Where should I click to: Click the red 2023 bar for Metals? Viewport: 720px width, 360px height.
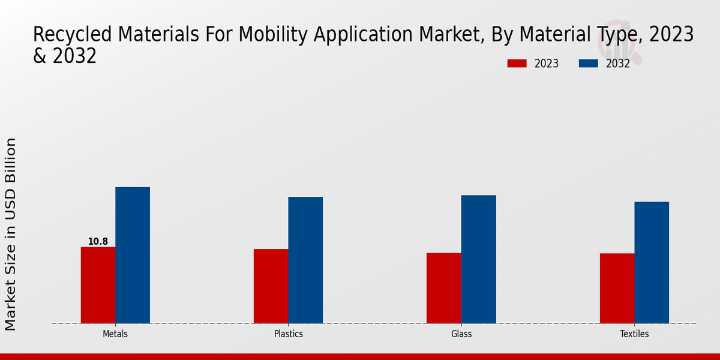pyautogui.click(x=98, y=285)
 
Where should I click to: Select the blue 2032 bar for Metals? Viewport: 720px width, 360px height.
pyautogui.click(x=133, y=255)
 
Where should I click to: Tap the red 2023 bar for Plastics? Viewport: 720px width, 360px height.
pyautogui.click(x=271, y=286)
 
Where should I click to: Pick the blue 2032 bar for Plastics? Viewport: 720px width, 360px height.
pyautogui.click(x=305, y=260)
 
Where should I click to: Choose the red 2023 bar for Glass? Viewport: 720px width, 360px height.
pyautogui.click(x=444, y=288)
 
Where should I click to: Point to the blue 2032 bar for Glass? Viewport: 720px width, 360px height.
pyautogui.click(x=479, y=259)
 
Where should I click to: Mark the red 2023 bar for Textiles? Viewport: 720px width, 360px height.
pyautogui.click(x=617, y=288)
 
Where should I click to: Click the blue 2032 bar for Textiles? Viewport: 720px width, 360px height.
pyautogui.click(x=652, y=262)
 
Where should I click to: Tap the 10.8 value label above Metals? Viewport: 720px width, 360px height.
pyautogui.click(x=98, y=242)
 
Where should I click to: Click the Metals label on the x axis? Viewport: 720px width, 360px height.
pyautogui.click(x=115, y=334)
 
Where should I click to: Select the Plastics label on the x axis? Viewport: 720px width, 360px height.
pyautogui.click(x=288, y=334)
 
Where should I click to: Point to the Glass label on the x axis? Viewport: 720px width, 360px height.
pyautogui.click(x=461, y=334)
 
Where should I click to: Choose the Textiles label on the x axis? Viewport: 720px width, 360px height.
pyautogui.click(x=634, y=334)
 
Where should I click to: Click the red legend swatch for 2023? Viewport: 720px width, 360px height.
pyautogui.click(x=517, y=64)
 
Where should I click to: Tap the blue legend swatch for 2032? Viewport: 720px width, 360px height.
pyautogui.click(x=589, y=64)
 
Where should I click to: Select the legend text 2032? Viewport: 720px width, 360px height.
pyautogui.click(x=618, y=64)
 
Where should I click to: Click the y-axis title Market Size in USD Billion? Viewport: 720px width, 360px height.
pyautogui.click(x=11, y=234)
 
